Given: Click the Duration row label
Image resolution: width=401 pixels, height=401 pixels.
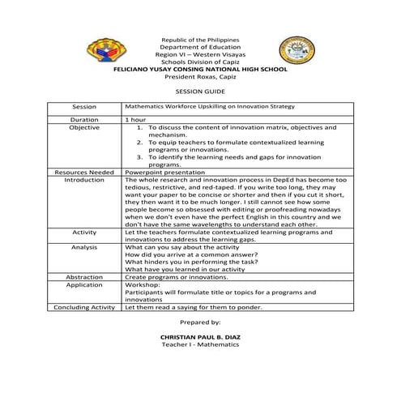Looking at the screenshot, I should click(84, 119).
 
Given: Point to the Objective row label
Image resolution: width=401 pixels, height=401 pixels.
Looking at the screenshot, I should click(84, 127).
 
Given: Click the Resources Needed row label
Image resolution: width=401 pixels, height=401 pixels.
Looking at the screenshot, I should click(84, 172).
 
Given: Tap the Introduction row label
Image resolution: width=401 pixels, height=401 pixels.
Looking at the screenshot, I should click(84, 179).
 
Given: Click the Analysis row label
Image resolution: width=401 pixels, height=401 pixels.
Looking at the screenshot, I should click(84, 246).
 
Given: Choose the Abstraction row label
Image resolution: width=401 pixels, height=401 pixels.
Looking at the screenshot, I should click(84, 276).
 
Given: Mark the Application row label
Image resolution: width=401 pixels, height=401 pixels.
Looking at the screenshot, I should click(84, 284).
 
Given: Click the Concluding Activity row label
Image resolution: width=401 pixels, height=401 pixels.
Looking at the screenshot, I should click(84, 307).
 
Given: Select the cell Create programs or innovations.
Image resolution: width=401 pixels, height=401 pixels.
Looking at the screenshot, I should click(174, 276).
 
